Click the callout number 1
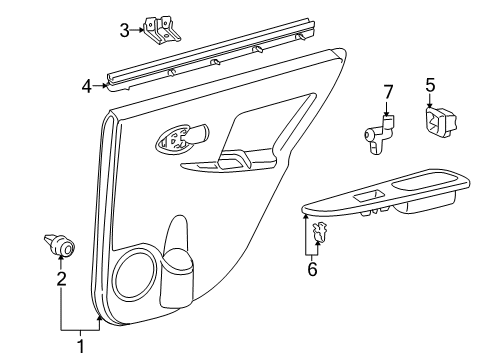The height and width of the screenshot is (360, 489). (x=80, y=346)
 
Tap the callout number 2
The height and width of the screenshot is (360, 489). (x=61, y=280)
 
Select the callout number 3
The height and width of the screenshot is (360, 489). (x=124, y=30)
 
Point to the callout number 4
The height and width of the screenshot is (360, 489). (x=87, y=86)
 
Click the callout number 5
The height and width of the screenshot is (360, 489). (x=429, y=86)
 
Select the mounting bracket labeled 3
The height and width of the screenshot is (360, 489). (x=160, y=30)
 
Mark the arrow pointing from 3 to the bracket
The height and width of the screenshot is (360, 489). (x=140, y=30)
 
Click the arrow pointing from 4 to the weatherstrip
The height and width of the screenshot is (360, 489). (x=101, y=86)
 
